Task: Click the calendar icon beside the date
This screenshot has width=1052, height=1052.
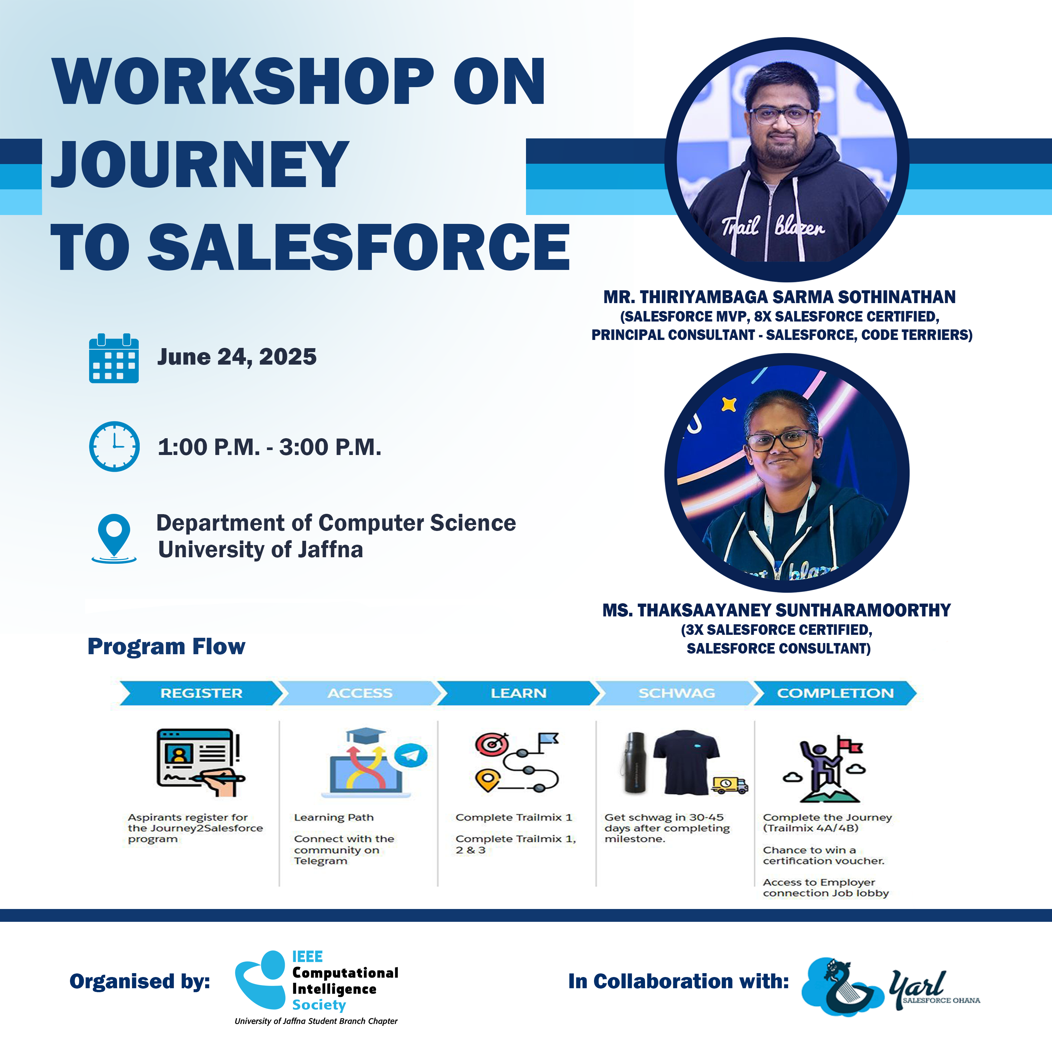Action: pos(114,358)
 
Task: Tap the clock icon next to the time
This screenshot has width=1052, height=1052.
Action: pos(114,446)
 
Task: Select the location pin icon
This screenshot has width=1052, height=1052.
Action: pos(114,538)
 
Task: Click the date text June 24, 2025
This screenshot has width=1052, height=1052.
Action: pos(237,357)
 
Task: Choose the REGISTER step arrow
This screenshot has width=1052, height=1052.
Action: pos(201,693)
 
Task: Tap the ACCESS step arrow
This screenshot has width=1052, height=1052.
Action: pos(359,693)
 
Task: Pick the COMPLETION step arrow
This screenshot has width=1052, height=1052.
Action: pos(835,693)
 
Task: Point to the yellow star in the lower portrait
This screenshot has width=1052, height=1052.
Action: pos(729,405)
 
